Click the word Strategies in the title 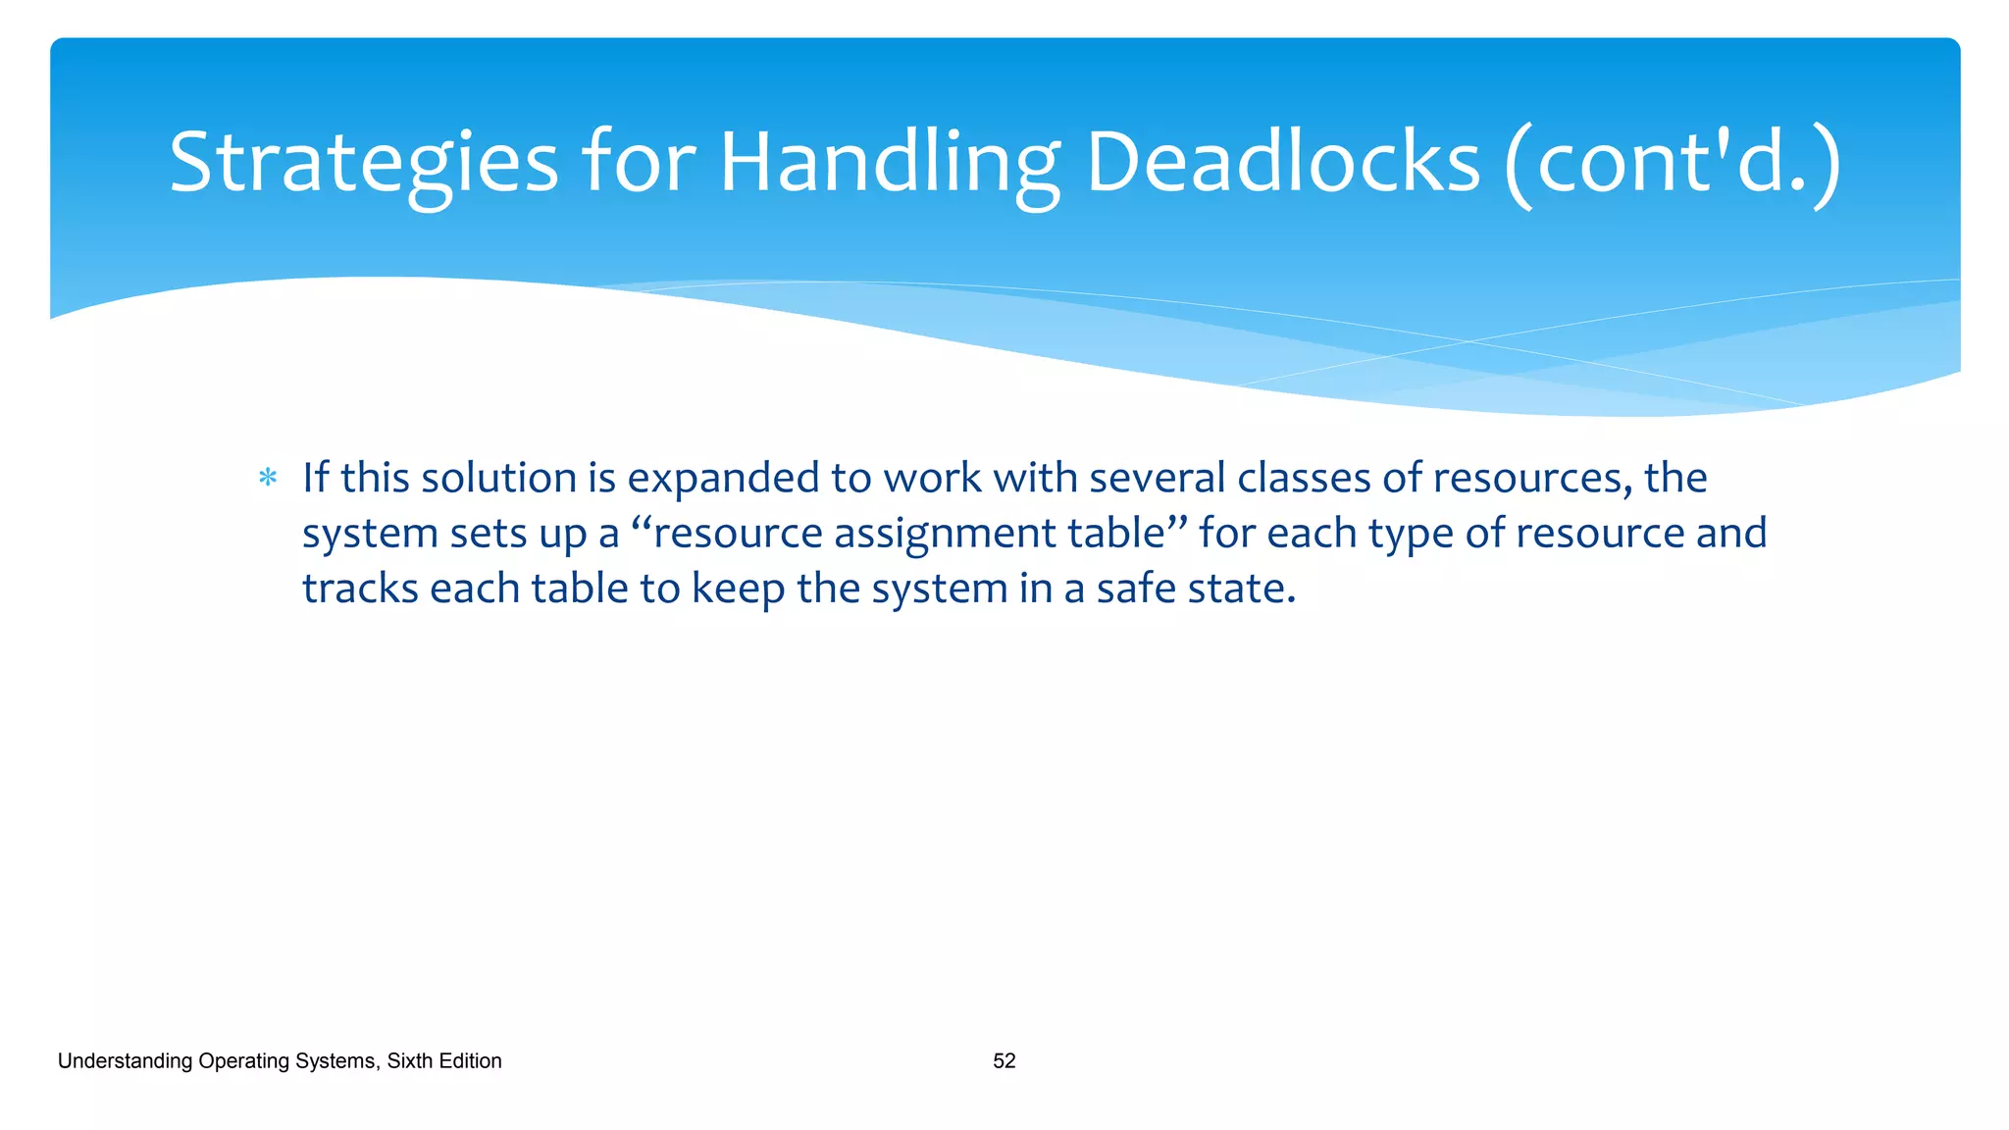pyautogui.click(x=363, y=163)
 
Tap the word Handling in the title pyautogui.click(x=889, y=163)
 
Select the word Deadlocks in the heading pyautogui.click(x=1282, y=163)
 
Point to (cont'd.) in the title pyautogui.click(x=1674, y=163)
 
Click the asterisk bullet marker pyautogui.click(x=268, y=479)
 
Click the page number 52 pyautogui.click(x=1004, y=1060)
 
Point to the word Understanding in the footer pyautogui.click(x=125, y=1060)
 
